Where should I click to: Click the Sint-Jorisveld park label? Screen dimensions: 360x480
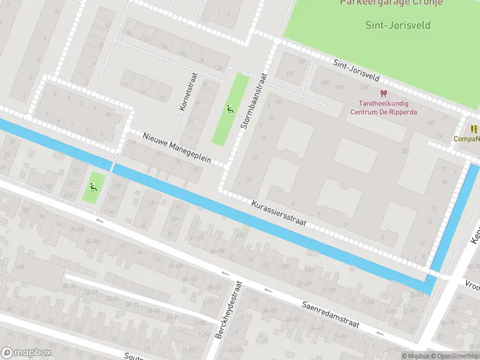(398, 25)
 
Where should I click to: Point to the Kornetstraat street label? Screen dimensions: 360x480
(187, 95)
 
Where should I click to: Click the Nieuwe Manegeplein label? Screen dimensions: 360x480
(177, 148)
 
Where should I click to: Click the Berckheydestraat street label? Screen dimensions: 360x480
(229, 308)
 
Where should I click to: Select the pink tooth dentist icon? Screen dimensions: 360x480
(383, 93)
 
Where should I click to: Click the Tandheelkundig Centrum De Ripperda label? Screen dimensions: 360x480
(383, 107)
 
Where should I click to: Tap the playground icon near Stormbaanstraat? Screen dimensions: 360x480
(229, 109)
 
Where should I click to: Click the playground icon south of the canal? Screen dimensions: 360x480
(92, 187)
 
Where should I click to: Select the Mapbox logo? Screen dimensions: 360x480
(26, 353)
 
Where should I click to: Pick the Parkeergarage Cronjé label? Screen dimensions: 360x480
(391, 2)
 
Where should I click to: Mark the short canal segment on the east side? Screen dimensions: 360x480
(454, 216)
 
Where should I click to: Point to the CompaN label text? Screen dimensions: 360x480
(467, 139)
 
